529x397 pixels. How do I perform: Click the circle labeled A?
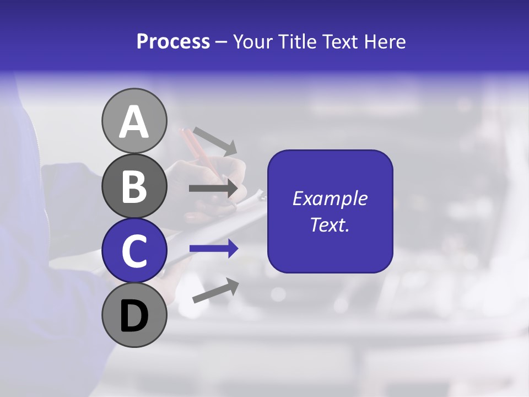coord(134,121)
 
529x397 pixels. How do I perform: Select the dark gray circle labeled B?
coord(134,186)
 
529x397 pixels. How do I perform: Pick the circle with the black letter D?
coord(134,315)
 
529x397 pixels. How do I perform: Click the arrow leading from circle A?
coord(214,141)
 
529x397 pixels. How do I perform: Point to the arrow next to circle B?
coord(214,189)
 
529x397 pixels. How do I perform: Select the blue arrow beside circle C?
coord(214,249)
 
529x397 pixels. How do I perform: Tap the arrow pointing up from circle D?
coord(215,291)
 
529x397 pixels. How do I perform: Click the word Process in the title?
coord(173,41)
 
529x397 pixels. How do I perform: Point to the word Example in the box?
coord(330,198)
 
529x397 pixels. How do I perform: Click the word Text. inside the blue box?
coord(330,224)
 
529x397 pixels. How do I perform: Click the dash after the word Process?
coord(222,42)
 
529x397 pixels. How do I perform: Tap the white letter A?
coord(134,122)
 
